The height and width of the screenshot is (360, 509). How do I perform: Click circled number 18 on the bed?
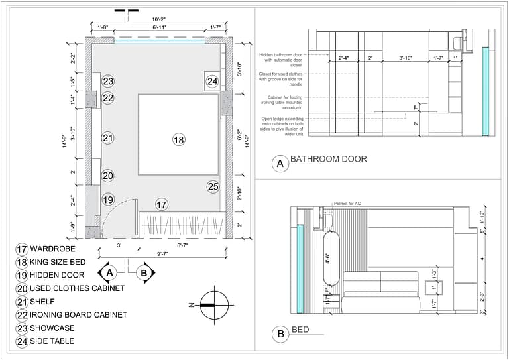tap(178, 139)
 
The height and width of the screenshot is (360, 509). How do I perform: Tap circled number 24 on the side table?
tap(212, 82)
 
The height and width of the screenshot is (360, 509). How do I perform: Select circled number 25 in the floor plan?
tap(213, 187)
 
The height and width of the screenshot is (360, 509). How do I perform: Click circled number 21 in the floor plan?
tap(109, 138)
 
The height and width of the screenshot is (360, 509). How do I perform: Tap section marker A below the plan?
tap(110, 272)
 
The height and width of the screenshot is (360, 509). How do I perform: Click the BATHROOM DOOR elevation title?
tap(329, 160)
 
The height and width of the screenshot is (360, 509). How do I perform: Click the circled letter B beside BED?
tap(281, 335)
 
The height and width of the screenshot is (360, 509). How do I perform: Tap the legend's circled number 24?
tap(21, 341)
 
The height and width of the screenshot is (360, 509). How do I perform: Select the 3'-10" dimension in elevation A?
tap(406, 58)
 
